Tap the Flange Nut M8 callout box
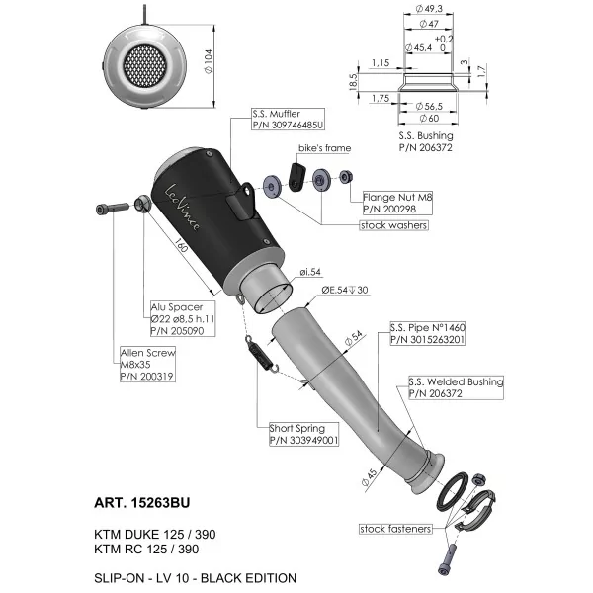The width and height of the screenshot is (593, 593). point(397,203)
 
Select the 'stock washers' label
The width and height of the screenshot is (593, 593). point(393,225)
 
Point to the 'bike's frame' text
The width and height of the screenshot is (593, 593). point(324,148)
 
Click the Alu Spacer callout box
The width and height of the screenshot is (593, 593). point(183,319)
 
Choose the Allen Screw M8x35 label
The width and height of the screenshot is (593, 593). point(147,364)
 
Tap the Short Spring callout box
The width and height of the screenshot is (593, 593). point(303,434)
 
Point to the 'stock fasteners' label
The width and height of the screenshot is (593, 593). point(395,529)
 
